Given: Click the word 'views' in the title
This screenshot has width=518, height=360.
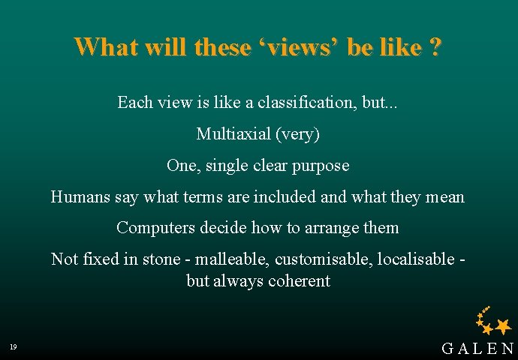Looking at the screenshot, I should pos(299,48).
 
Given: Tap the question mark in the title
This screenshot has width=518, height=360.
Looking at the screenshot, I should pos(435,47).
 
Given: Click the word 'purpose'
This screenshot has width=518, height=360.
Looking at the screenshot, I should pos(321,165).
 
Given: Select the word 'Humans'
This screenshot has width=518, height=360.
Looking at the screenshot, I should pos(80,197).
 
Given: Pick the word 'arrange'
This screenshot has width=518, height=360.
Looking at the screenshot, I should pos(333,228).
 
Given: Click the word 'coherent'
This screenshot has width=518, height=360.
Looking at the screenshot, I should pos(298,281).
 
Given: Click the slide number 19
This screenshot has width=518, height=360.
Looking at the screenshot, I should pos(14,346).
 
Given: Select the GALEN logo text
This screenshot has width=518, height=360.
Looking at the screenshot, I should pos(477,348).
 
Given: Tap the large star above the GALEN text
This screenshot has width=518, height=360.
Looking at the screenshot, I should pos(503,325).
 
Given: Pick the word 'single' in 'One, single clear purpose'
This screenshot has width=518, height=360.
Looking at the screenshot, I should pos(227,165).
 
